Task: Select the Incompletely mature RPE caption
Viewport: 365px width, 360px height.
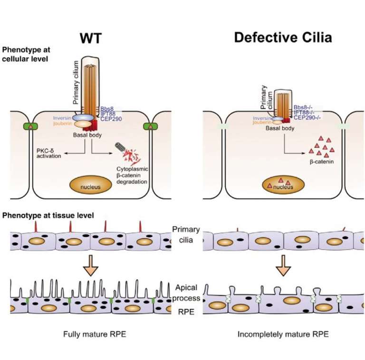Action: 283,334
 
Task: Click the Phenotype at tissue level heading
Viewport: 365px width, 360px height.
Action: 48,215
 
